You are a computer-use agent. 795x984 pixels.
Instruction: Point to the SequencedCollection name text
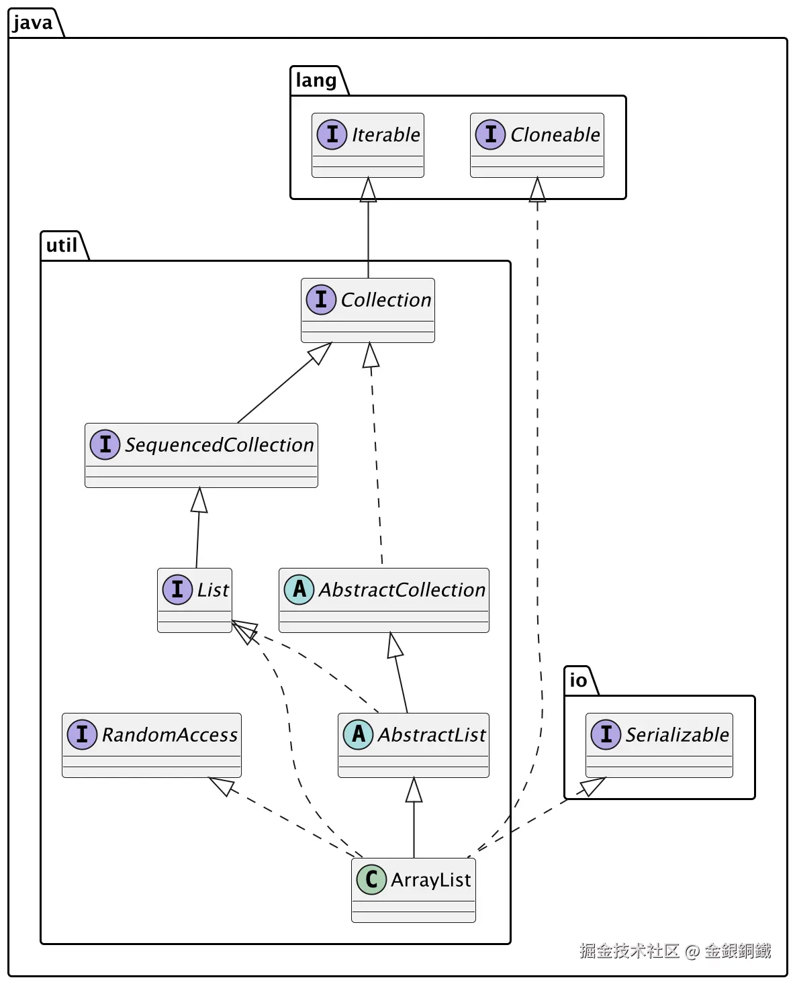point(219,444)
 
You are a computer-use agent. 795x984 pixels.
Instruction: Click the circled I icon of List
point(177,589)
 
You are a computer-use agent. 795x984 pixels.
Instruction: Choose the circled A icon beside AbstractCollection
point(299,589)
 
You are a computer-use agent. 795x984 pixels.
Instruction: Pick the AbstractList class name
point(431,734)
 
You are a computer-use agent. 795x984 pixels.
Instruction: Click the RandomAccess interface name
point(169,734)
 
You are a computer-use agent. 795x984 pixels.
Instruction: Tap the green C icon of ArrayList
point(371,879)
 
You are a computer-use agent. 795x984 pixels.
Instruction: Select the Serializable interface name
point(676,734)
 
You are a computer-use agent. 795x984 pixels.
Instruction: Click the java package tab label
point(32,22)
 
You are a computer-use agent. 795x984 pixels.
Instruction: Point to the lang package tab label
point(316,80)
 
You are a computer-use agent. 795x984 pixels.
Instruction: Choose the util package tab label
point(61,245)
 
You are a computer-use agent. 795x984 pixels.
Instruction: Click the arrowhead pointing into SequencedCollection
point(199,499)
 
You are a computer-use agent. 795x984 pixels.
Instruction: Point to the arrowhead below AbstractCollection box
point(394,644)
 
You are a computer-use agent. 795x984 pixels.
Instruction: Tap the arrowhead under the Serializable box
point(592,786)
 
